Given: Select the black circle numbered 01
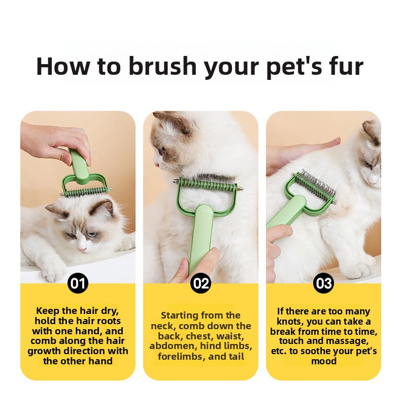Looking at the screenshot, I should tap(78, 283).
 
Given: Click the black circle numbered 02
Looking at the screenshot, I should tap(201, 283).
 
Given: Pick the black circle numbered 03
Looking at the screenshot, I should tap(323, 283).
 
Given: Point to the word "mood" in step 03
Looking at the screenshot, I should tap(323, 361).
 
